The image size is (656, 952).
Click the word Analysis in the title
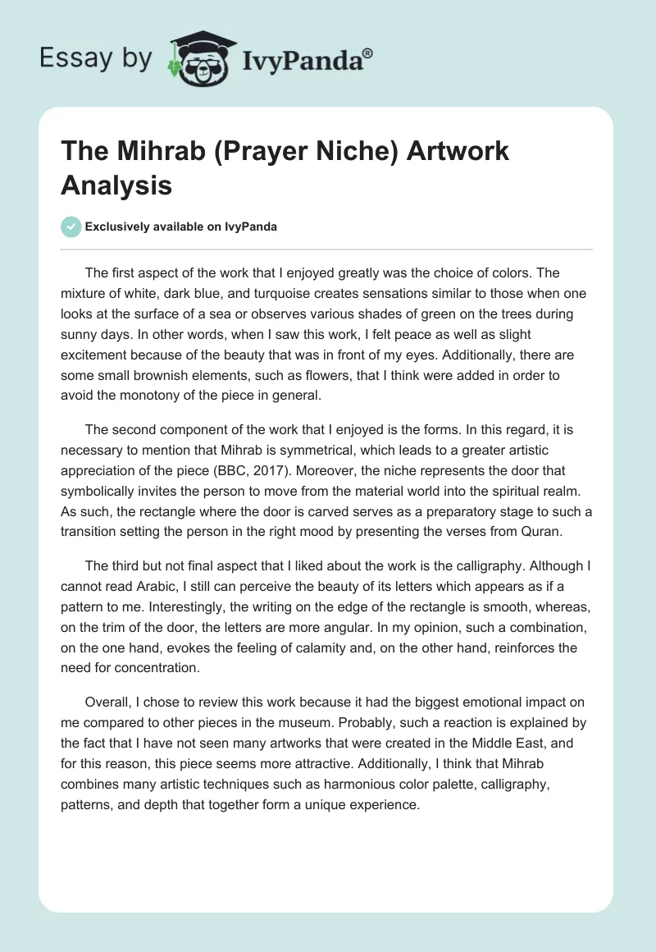[116, 185]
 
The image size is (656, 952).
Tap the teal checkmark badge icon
[71, 227]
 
